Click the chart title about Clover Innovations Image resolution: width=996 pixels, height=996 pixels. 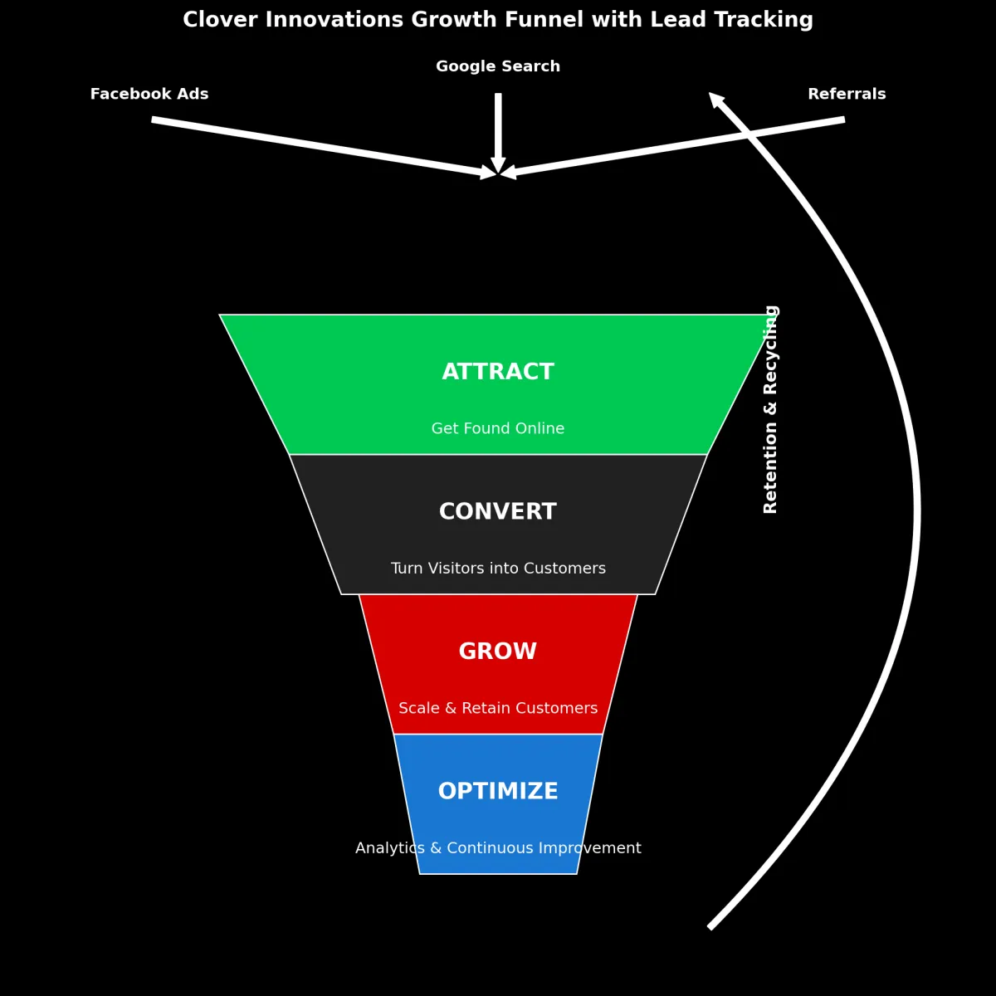pyautogui.click(x=498, y=20)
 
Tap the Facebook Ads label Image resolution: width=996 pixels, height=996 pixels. pyautogui.click(x=149, y=95)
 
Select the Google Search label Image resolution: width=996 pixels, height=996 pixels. pyautogui.click(x=498, y=66)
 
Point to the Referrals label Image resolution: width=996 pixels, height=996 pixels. pyautogui.click(x=847, y=95)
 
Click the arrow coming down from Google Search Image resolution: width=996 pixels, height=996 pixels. pyautogui.click(x=498, y=124)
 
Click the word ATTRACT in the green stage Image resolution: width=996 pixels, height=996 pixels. pyautogui.click(x=498, y=372)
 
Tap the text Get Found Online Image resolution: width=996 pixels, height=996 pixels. pyautogui.click(x=498, y=429)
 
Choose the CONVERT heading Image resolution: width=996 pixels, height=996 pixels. pyautogui.click(x=498, y=512)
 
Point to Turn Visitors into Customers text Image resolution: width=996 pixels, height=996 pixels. pyautogui.click(x=498, y=569)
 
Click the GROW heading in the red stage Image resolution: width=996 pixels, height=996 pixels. pyautogui.click(x=498, y=652)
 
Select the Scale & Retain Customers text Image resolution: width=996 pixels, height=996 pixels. pyautogui.click(x=498, y=709)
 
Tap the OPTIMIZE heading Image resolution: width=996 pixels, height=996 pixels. pyautogui.click(x=498, y=792)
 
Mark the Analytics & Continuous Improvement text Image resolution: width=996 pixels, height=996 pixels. pyautogui.click(x=498, y=848)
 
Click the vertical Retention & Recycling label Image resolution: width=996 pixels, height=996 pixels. pyautogui.click(x=771, y=409)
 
